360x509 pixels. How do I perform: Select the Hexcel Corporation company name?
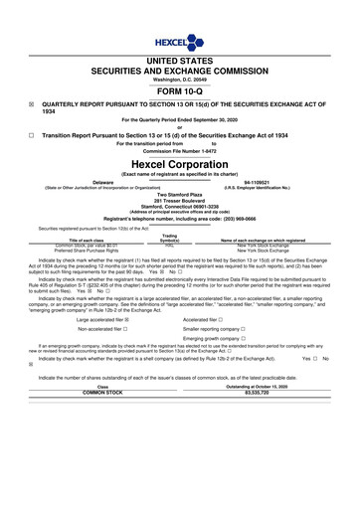180,163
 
